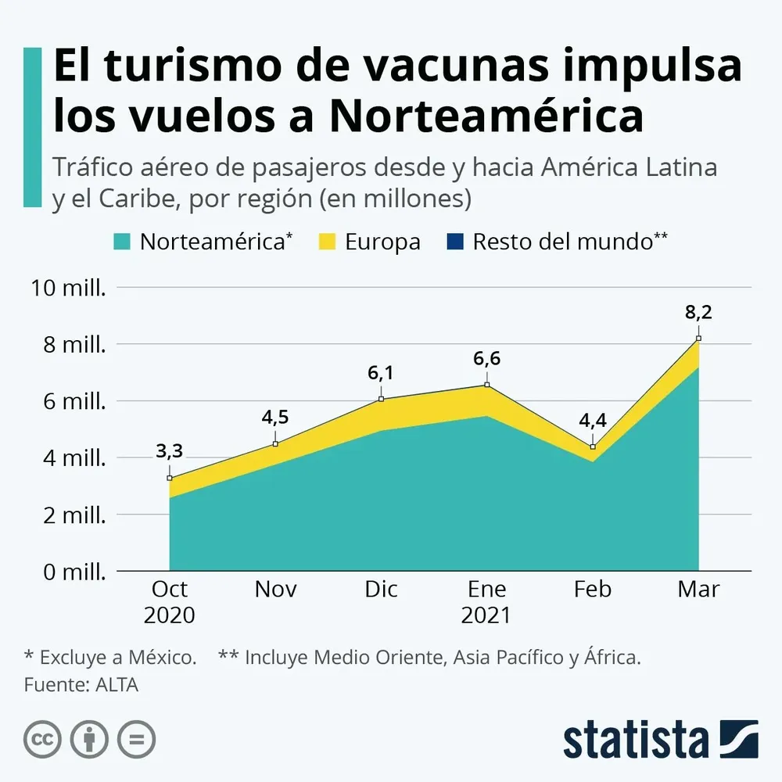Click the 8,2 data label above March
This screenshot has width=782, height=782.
pos(698,313)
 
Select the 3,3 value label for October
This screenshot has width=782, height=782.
pos(170,451)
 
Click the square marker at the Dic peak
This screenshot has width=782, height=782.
pos(382,399)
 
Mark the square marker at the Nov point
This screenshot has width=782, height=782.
pos(275,443)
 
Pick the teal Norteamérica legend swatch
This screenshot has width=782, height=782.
pos(122,242)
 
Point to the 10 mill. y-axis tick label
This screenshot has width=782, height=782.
pos(68,288)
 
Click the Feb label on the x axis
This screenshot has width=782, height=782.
pos(593,589)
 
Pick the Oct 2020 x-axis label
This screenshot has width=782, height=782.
pos(170,601)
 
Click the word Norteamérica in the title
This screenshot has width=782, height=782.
pos(486,116)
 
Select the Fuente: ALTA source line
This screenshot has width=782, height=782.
pos(81,684)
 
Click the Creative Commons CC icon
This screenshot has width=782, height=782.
pos(43,739)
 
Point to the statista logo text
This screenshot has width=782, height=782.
pos(635,739)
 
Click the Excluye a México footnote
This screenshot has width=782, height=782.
pos(110,658)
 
